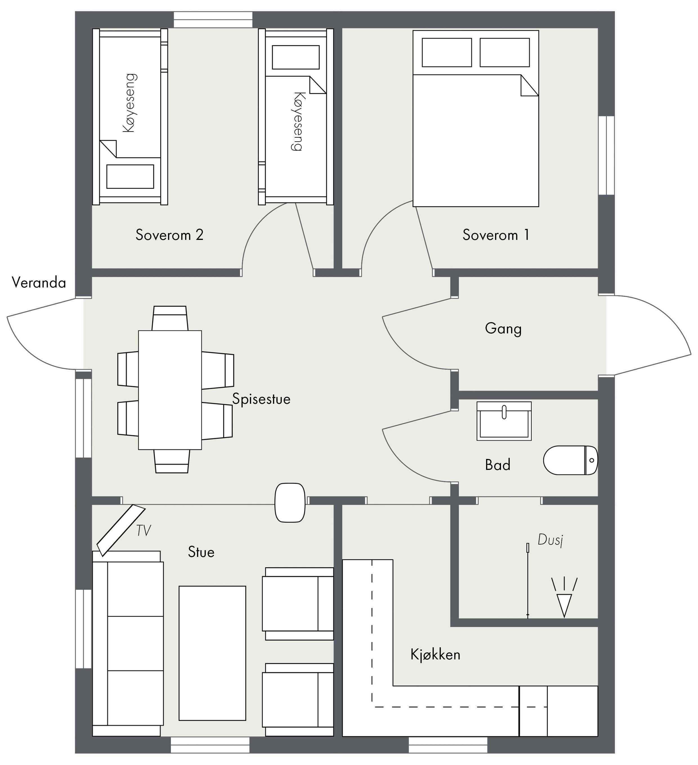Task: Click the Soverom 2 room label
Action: click(169, 235)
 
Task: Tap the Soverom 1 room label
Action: click(496, 235)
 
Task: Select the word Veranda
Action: click(39, 283)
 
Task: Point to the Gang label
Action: click(503, 329)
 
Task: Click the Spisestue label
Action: click(261, 399)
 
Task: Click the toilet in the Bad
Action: click(571, 460)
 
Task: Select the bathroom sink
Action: click(504, 421)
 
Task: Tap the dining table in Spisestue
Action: click(170, 390)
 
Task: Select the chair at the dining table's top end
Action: click(170, 318)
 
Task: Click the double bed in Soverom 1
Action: click(476, 118)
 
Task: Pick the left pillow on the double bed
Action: click(447, 52)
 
